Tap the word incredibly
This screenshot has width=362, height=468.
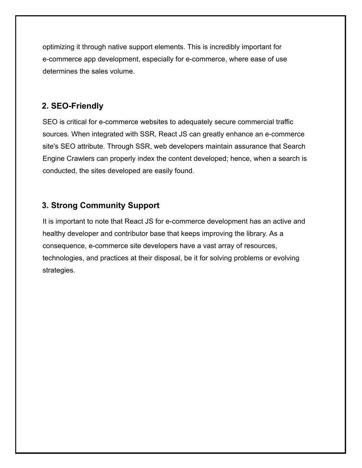[225, 47]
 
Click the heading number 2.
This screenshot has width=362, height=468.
[45, 106]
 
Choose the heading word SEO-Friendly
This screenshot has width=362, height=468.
[77, 106]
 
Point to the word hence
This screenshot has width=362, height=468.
[240, 159]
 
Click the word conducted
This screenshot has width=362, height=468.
[59, 171]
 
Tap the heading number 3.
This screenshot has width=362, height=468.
[45, 206]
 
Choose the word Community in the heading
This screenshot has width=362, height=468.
[103, 206]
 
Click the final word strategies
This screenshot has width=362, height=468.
[59, 271]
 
